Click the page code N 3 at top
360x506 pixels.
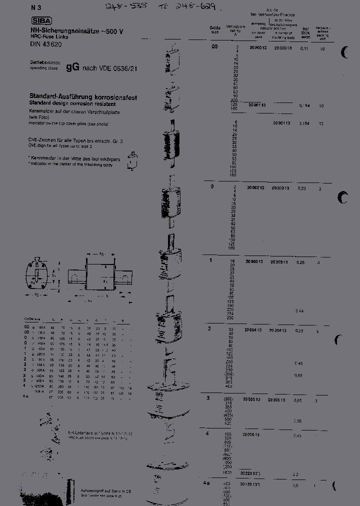pos(34,7)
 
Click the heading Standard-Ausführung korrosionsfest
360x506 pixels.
pos(82,97)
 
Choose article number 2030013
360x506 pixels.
pos(282,48)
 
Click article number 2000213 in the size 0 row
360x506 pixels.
pos(255,187)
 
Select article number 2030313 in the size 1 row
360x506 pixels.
pos(279,262)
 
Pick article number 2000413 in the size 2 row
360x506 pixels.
pos(253,330)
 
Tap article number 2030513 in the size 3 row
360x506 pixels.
pos(276,400)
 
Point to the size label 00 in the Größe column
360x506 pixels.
pos(214,46)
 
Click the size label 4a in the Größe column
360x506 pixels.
pos(206,483)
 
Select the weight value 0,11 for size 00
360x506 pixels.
pos(304,49)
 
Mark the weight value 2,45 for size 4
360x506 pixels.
pos(297,436)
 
